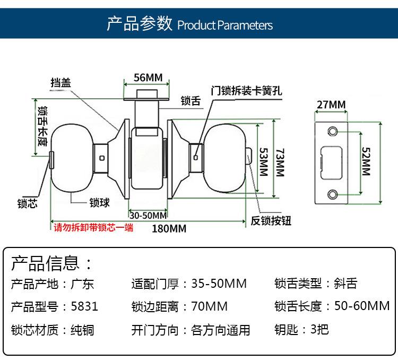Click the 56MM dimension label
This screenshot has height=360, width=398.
148,78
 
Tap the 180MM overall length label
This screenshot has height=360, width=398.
169,229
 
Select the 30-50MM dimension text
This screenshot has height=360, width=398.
148,216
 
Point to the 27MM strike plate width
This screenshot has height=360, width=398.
331,105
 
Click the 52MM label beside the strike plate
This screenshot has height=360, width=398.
366,161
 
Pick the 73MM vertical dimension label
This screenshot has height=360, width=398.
280,162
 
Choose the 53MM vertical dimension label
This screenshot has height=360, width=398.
264,162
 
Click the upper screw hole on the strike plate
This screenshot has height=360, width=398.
332,131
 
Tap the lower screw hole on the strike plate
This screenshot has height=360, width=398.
332,194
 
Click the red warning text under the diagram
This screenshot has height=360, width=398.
93,227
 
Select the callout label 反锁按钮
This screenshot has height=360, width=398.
271,221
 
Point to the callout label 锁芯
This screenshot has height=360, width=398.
28,204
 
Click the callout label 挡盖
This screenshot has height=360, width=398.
60,83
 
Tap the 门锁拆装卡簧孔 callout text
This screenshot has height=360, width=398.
246,91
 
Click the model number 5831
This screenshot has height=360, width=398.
84,306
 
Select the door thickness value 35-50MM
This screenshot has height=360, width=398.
219,284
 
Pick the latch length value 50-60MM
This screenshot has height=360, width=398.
362,306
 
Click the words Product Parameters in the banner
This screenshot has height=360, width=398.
225,25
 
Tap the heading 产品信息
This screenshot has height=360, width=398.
45,263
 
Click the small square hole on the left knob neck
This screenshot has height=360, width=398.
102,158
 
